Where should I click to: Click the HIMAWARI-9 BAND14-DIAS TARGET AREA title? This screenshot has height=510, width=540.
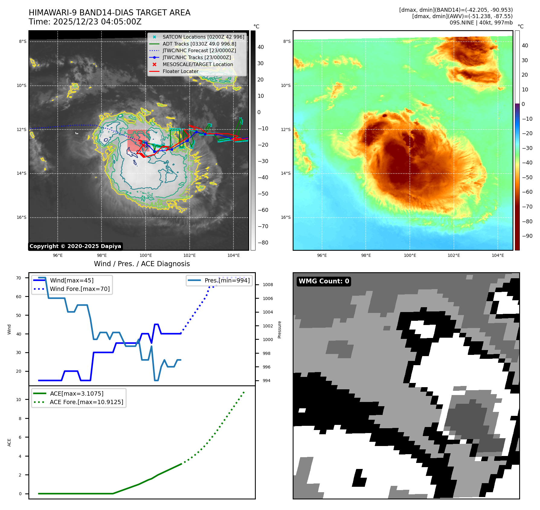109,13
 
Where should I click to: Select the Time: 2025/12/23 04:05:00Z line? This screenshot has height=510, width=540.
85,22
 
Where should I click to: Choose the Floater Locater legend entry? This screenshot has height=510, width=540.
180,71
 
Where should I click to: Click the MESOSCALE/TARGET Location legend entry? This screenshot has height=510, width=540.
198,64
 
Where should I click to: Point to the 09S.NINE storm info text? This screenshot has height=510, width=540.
481,23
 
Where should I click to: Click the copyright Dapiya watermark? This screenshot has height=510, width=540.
75,246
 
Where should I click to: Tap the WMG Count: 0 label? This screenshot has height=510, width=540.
324,281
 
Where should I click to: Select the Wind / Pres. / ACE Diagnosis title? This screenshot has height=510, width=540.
142,264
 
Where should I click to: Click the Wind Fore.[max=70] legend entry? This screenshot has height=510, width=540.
80,289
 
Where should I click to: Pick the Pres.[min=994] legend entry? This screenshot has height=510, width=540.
227,280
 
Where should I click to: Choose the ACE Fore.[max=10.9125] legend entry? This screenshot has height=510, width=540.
86,402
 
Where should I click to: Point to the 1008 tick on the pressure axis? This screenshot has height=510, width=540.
268,285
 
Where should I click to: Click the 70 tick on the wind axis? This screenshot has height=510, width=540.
19,278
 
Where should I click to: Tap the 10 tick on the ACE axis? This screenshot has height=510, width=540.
19,400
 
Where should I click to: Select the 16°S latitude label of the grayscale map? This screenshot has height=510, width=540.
21,217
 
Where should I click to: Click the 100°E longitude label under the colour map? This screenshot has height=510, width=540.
410,255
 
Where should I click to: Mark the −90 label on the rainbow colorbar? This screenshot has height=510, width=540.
527,236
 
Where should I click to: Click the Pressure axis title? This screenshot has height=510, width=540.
279,330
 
